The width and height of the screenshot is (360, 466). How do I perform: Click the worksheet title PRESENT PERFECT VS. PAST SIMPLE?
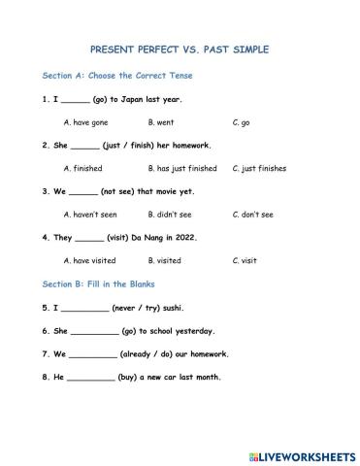pyautogui.click(x=180, y=49)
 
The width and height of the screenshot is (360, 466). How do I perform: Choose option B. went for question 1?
pyautogui.click(x=161, y=122)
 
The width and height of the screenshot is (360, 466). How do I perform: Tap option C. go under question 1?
pyautogui.click(x=242, y=122)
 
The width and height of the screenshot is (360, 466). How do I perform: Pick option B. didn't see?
pyautogui.click(x=170, y=214)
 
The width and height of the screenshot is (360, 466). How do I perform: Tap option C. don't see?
pyautogui.click(x=253, y=214)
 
